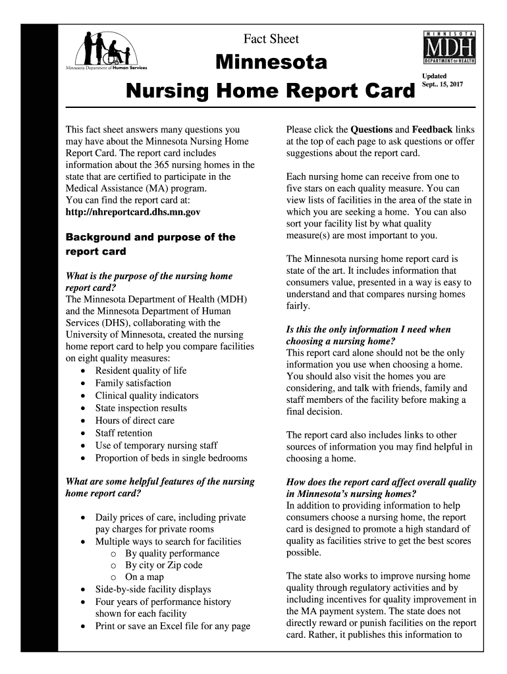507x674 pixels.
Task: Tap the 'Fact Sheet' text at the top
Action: [x=271, y=39]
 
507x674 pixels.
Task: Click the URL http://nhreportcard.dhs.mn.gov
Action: [x=132, y=213]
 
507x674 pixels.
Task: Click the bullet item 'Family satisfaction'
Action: [x=133, y=383]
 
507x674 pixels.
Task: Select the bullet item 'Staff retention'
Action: [x=124, y=433]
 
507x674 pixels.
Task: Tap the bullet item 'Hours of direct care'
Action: [x=135, y=421]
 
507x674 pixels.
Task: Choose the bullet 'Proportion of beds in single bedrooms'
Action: [x=171, y=458]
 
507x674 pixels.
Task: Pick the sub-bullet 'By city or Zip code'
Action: [x=164, y=565]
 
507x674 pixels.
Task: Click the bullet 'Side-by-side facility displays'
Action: [x=153, y=590]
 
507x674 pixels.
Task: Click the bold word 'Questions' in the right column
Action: [x=372, y=130]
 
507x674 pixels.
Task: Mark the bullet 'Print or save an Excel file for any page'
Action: [x=173, y=627]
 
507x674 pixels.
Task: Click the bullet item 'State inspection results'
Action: [x=141, y=408]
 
